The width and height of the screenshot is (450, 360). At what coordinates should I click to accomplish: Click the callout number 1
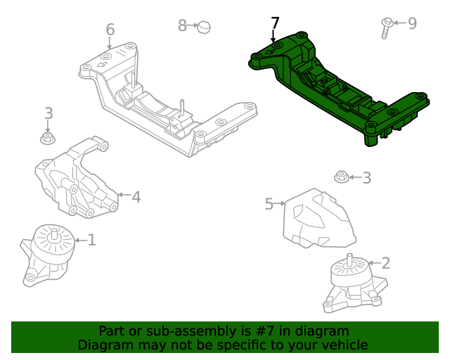91,240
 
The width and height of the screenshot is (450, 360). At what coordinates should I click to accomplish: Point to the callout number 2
385,264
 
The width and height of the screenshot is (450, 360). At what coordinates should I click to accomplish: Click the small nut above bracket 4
48,138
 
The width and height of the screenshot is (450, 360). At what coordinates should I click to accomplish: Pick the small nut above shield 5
341,176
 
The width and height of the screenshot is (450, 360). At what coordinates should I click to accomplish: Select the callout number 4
136,197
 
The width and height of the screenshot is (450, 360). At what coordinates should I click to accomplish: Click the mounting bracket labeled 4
76,180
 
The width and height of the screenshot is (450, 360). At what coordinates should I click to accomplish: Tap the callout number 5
269,204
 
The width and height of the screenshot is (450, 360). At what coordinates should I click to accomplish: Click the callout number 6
110,30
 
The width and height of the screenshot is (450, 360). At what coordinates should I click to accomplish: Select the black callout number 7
274,23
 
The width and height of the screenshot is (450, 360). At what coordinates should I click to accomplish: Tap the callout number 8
182,26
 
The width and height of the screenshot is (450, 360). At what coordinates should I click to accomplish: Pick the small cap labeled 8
204,27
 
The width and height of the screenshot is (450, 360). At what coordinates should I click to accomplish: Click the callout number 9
412,23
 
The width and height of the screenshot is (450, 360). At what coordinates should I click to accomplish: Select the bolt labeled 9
387,27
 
